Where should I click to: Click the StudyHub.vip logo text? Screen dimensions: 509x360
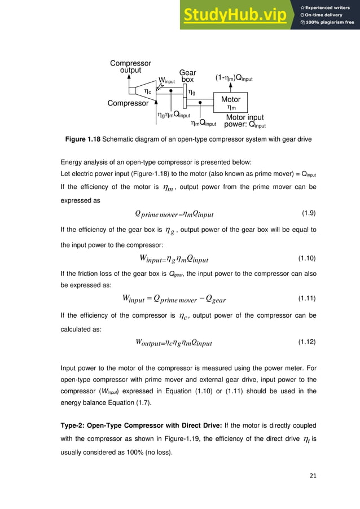point(236,15)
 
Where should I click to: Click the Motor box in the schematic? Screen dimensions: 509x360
point(231,103)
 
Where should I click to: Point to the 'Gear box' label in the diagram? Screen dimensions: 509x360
point(187,77)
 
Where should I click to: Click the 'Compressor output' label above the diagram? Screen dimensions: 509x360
point(130,67)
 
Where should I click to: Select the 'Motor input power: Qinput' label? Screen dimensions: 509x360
point(245,121)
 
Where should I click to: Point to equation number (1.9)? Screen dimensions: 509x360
point(308,213)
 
